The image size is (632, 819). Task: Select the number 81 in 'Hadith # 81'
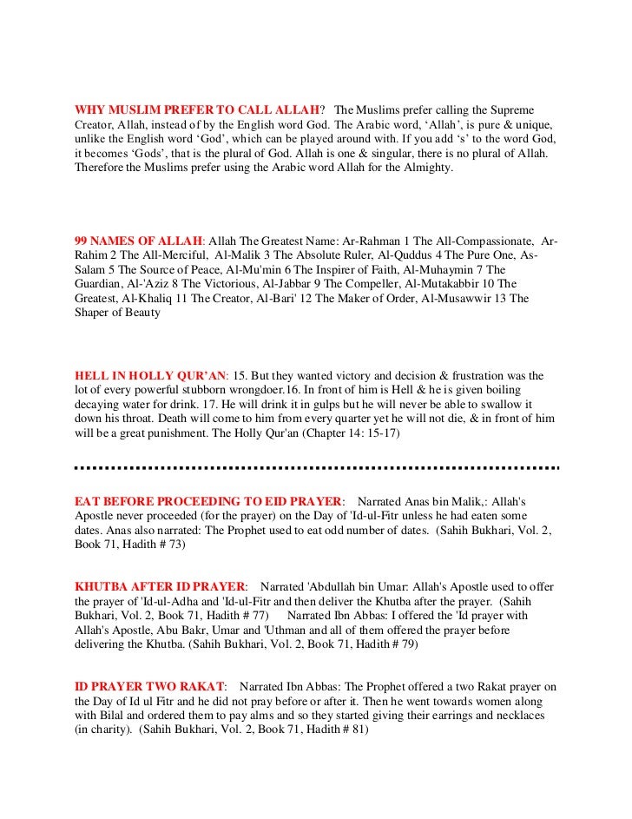click(358, 731)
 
